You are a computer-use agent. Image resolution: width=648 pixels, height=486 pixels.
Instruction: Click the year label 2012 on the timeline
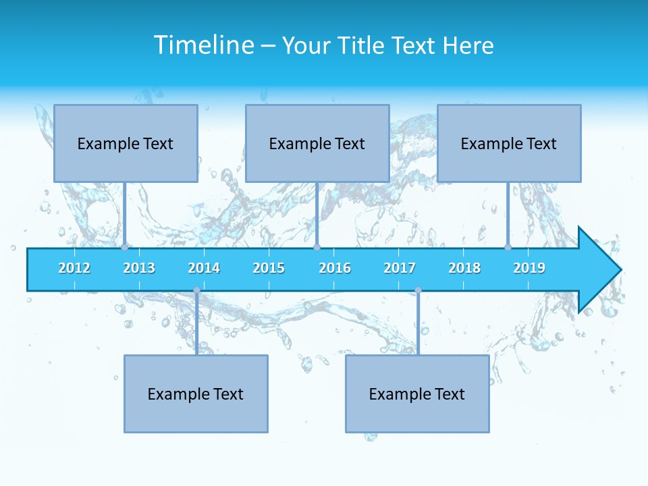tap(74, 268)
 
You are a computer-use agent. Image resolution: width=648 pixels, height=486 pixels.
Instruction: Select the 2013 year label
tap(139, 268)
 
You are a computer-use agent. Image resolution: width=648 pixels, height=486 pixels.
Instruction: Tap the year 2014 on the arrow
tap(204, 268)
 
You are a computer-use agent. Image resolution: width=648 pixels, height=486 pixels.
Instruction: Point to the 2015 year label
tap(269, 268)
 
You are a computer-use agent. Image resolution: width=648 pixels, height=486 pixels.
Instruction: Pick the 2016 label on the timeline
tap(335, 268)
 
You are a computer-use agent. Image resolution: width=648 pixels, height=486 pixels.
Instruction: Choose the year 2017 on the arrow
tap(400, 268)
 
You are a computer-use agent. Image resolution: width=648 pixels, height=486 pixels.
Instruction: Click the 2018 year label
tap(464, 268)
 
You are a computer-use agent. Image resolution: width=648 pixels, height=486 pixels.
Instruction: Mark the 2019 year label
tap(529, 268)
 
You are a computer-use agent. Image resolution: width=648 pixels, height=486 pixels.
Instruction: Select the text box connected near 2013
tap(126, 143)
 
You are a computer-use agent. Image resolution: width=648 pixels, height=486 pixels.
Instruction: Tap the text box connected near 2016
tap(317, 143)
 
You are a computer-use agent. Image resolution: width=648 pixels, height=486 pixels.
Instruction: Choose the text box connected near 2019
tap(509, 143)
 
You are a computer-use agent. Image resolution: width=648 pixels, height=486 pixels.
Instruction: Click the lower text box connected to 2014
tap(196, 394)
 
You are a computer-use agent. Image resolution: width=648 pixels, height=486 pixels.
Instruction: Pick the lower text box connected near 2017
tap(417, 394)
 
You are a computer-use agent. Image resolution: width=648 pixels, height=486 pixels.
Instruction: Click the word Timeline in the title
tap(203, 45)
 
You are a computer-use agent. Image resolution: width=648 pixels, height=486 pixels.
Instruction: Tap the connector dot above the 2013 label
tap(125, 248)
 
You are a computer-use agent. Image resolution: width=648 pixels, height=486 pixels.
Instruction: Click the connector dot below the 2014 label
tap(196, 290)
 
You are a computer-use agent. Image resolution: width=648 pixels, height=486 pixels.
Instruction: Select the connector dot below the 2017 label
tap(418, 290)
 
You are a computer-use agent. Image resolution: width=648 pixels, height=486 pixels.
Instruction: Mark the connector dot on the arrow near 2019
tap(508, 248)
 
